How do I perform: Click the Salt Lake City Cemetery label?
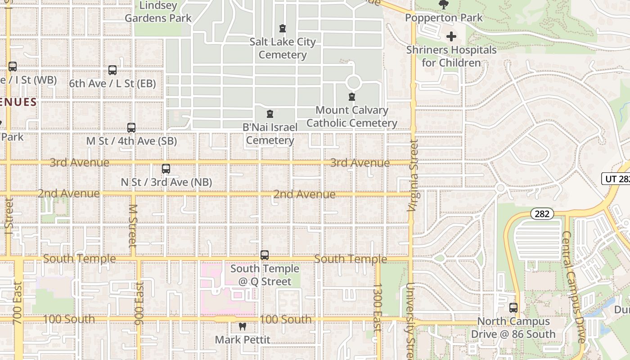tap(283, 48)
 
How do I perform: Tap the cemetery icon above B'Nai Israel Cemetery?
tap(270, 114)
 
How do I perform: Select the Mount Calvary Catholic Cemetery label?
tap(351, 117)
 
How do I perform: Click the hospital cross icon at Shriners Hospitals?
tap(451, 36)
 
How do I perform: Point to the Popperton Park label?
tap(444, 18)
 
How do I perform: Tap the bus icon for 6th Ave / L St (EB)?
tap(112, 70)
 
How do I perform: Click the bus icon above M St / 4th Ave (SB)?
tap(131, 127)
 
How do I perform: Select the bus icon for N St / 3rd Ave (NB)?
tap(166, 169)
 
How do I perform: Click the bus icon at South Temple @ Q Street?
tap(265, 255)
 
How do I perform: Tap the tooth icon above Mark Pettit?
tap(243, 327)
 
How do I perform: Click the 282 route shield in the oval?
tap(542, 214)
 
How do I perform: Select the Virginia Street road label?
tap(413, 175)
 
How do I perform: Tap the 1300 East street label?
tap(378, 307)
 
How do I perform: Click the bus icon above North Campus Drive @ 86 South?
tap(513, 308)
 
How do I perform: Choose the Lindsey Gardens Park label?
tap(158, 12)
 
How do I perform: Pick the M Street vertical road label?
tap(132, 226)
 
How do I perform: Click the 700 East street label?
tap(18, 303)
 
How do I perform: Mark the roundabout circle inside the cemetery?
tap(354, 82)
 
